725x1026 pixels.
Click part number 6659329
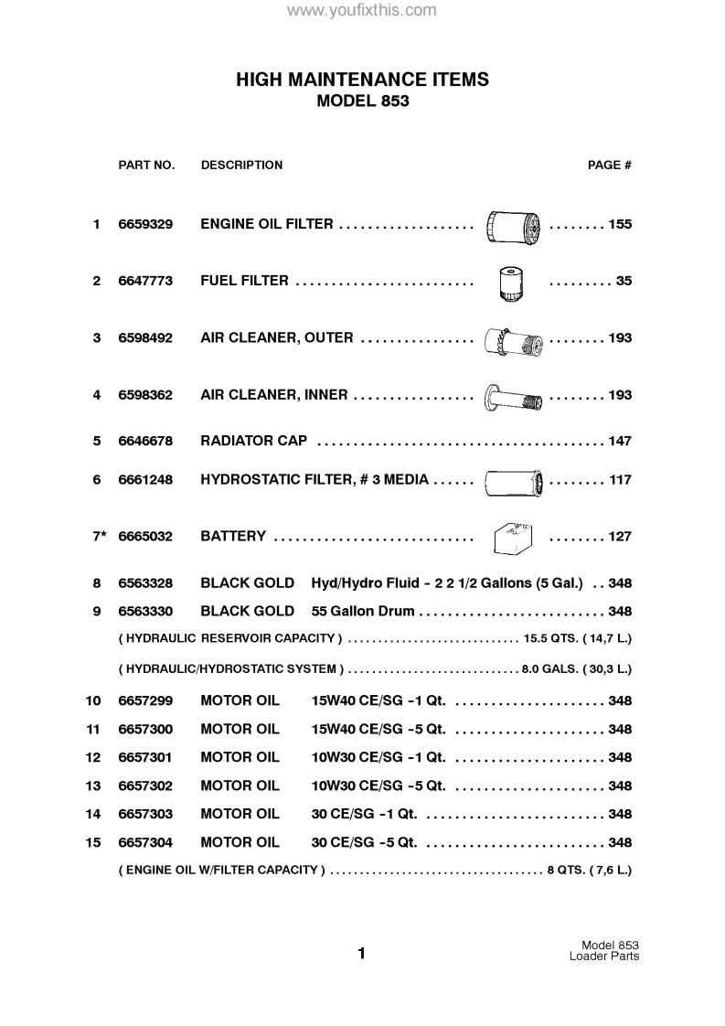pyautogui.click(x=145, y=224)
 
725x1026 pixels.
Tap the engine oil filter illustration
pyautogui.click(x=512, y=224)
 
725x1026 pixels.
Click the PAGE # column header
pyautogui.click(x=609, y=166)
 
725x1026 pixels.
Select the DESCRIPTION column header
pyautogui.click(x=241, y=166)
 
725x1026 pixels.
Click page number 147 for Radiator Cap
pyautogui.click(x=620, y=442)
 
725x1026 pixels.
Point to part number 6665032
pyautogui.click(x=145, y=537)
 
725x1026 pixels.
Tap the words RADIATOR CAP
pyautogui.click(x=253, y=442)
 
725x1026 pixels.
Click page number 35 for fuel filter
pyautogui.click(x=624, y=281)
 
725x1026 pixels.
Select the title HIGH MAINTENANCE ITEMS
pyautogui.click(x=362, y=80)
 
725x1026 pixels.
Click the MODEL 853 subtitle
pyautogui.click(x=362, y=102)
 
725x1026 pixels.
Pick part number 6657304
pyautogui.click(x=145, y=843)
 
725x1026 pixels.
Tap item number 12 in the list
pyautogui.click(x=93, y=758)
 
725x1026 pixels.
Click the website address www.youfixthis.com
pyautogui.click(x=362, y=11)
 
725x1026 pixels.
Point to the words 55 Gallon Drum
pyautogui.click(x=363, y=611)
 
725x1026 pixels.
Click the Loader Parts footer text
pyautogui.click(x=603, y=957)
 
